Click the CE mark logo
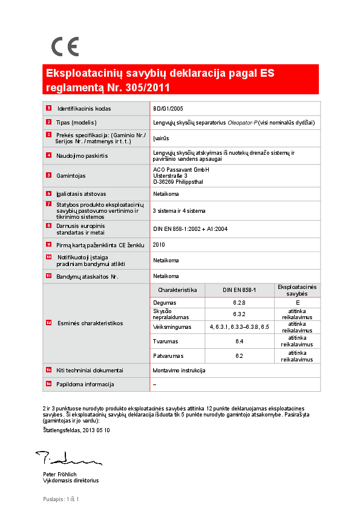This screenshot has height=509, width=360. click(x=65, y=46)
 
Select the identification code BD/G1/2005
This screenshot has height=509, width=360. click(x=168, y=109)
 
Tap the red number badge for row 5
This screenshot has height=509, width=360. click(x=48, y=176)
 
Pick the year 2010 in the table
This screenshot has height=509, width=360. click(x=159, y=245)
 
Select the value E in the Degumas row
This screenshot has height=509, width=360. click(x=298, y=302)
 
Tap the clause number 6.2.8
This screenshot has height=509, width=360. click(x=239, y=302)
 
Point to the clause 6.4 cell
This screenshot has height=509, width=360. click(x=239, y=342)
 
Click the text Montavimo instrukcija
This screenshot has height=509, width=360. click(x=180, y=370)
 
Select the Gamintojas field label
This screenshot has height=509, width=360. click(x=71, y=176)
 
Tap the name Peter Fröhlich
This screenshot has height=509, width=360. click(x=60, y=475)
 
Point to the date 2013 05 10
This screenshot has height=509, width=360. click(x=96, y=430)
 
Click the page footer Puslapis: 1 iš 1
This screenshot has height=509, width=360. click(x=61, y=499)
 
